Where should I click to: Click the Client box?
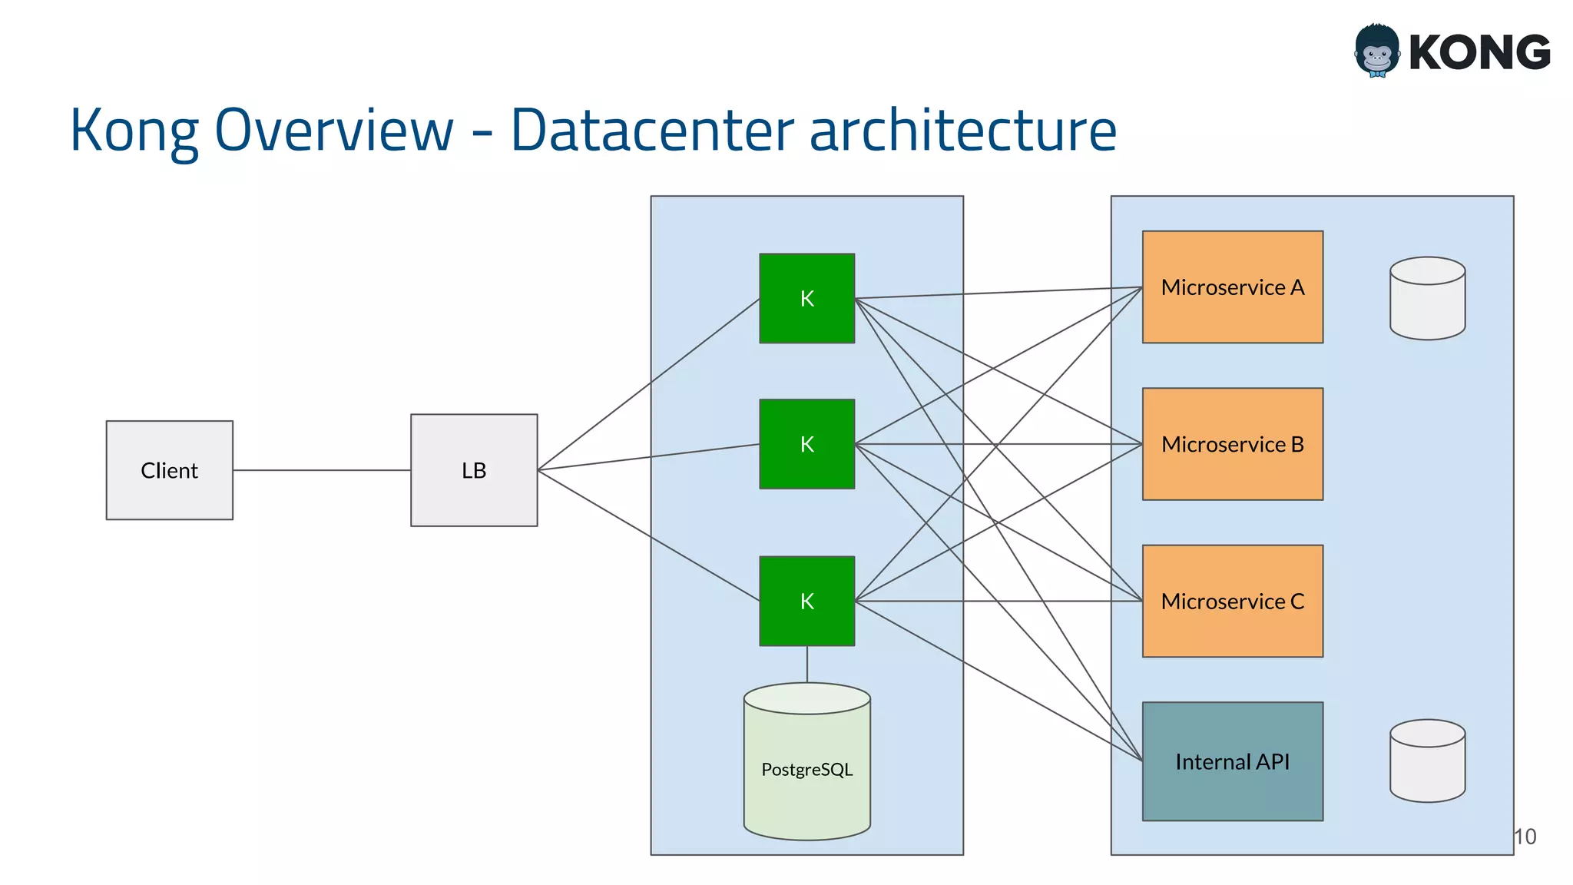(x=169, y=470)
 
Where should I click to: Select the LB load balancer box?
(x=474, y=470)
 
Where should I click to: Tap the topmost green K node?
(x=806, y=298)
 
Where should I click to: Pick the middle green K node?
(x=806, y=444)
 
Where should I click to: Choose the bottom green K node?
(x=806, y=601)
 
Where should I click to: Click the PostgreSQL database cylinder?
(x=806, y=768)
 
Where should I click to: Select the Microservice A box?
(x=1232, y=287)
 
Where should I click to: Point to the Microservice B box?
(x=1232, y=444)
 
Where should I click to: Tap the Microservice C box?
(x=1232, y=601)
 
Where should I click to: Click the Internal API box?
(x=1232, y=761)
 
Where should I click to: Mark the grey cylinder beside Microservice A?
(x=1427, y=298)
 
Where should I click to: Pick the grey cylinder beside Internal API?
(x=1427, y=761)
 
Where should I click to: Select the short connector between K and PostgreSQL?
(x=806, y=664)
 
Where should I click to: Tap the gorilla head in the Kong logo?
(x=1376, y=51)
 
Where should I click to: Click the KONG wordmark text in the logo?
(x=1479, y=52)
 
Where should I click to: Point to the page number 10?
(x=1525, y=837)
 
